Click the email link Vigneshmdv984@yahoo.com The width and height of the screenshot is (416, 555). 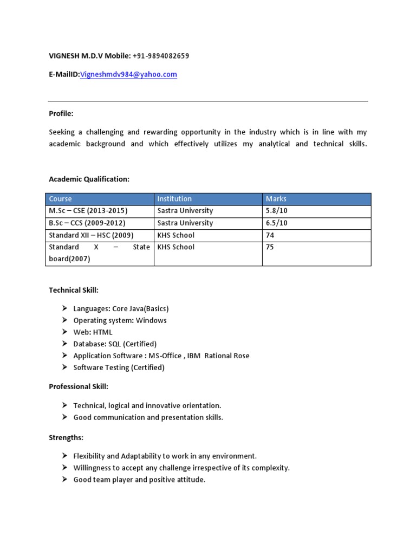click(128, 75)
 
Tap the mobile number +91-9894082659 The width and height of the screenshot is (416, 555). click(160, 56)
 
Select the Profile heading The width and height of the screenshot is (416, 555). click(61, 114)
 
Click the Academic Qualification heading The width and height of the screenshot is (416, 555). click(89, 179)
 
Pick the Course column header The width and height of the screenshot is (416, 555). click(60, 199)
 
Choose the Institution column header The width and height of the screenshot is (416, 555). click(174, 199)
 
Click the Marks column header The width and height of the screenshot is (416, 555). click(276, 199)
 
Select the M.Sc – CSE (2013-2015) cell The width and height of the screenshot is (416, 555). click(88, 211)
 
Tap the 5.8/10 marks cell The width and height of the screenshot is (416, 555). click(276, 211)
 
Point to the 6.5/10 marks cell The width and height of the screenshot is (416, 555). click(276, 223)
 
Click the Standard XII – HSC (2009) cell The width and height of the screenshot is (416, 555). click(91, 235)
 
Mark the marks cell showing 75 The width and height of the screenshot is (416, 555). click(270, 247)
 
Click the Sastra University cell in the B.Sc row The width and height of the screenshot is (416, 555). click(185, 223)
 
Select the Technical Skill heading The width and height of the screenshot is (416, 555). click(74, 291)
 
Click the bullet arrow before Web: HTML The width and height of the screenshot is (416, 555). click(64, 332)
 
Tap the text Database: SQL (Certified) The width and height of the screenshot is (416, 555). click(115, 344)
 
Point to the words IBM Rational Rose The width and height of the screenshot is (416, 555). click(219, 356)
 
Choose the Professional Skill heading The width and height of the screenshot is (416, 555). click(79, 386)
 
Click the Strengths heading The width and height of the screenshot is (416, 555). click(66, 437)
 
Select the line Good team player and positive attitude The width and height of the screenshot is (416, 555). click(139, 480)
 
